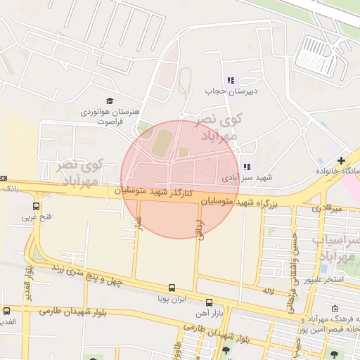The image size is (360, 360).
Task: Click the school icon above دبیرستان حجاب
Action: click(230, 80)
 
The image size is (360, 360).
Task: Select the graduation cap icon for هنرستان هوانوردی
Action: click(109, 101)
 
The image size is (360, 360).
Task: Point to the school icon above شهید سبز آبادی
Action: click(246, 167)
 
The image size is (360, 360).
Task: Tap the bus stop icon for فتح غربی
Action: click(36, 206)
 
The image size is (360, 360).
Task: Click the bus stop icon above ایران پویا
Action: click(172, 288)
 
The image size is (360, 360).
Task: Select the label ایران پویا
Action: click(172, 299)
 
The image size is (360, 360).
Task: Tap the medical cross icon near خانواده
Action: click(341, 161)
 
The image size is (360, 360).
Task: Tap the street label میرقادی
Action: click(326, 209)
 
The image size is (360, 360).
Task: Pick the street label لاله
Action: click(267, 290)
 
